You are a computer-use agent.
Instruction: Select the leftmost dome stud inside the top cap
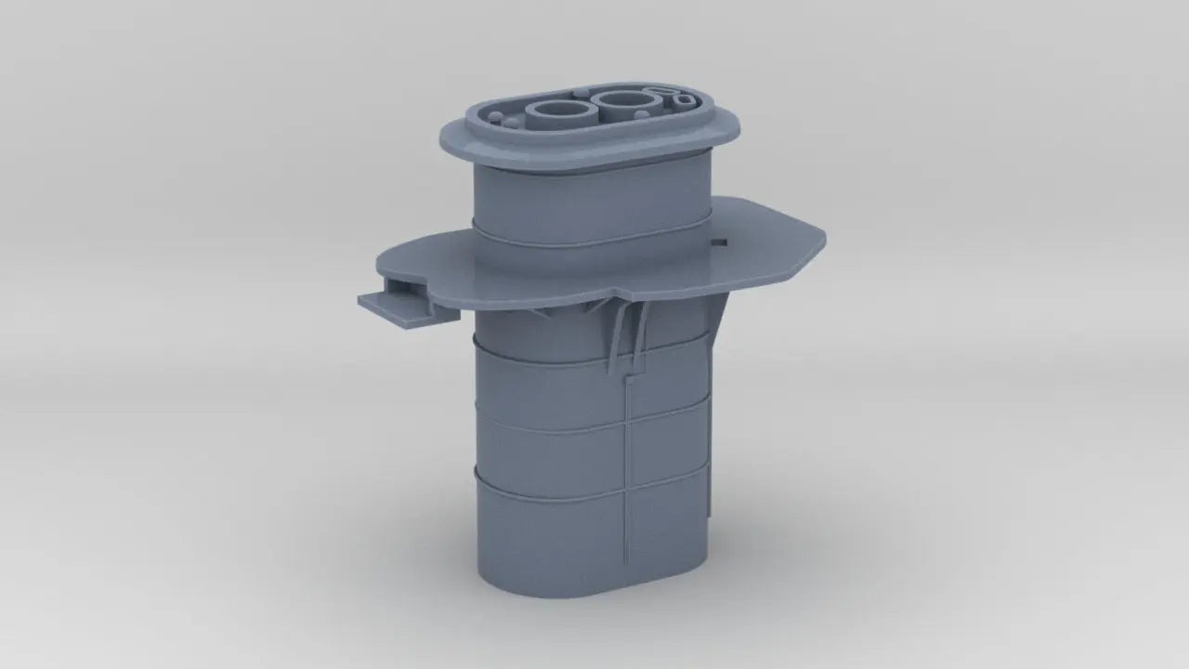pos(495,116)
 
